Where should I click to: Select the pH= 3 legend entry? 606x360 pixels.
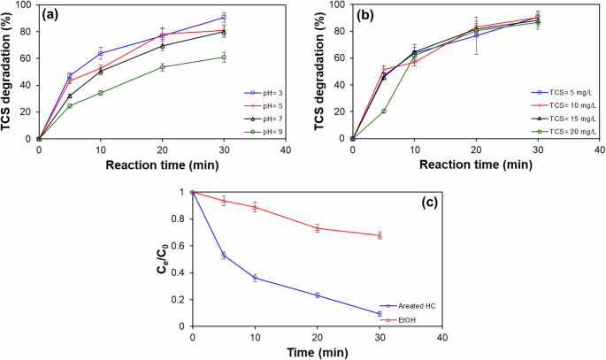pos(261,92)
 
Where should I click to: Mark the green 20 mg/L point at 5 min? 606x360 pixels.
pos(383,111)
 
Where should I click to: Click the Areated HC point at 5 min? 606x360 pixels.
pos(224,255)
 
